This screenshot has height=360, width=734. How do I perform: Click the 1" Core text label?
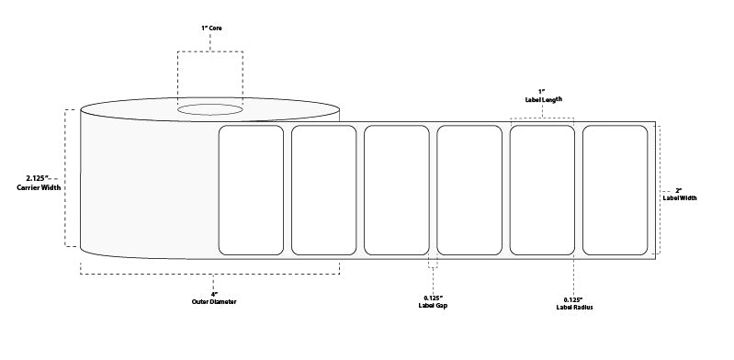tap(211, 28)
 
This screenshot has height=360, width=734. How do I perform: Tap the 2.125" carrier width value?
tap(38, 178)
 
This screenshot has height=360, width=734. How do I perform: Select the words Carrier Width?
tap(39, 187)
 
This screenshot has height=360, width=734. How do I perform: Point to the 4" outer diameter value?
tap(214, 294)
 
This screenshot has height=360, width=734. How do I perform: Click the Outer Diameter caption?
tap(214, 302)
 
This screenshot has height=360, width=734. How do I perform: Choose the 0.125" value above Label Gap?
tap(433, 298)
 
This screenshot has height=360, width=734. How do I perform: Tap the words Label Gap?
tap(433, 306)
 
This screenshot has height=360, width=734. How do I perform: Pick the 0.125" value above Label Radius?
tap(573, 299)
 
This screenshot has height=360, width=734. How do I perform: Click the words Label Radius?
tap(574, 307)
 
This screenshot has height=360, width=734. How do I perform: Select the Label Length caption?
tap(543, 99)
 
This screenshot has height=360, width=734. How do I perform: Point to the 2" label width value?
tap(679, 190)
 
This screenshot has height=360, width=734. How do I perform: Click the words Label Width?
tap(680, 198)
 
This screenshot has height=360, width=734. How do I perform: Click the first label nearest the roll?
tap(251, 190)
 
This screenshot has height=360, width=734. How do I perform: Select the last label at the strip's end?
tap(615, 190)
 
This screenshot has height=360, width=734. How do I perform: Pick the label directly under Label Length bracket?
tap(542, 190)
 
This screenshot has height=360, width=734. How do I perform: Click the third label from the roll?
tap(397, 190)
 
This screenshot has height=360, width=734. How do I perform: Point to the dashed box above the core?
tap(210, 51)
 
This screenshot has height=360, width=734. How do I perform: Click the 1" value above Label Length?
tap(543, 91)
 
